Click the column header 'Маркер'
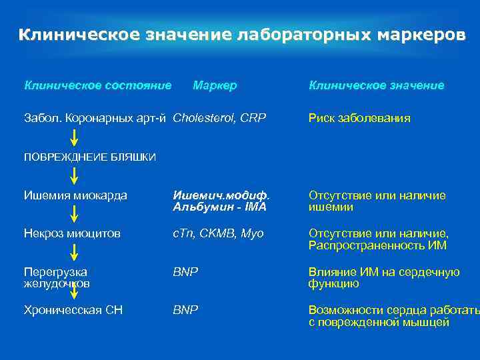coord(215,85)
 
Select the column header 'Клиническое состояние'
coord(98,85)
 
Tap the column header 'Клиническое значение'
coord(376,85)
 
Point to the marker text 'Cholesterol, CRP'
coord(219,118)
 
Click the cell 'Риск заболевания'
coord(359,118)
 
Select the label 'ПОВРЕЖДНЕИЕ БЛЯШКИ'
coord(90,157)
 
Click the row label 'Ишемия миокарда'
coord(75,195)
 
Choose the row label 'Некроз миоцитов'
coord(72,233)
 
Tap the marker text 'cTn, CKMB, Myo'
coord(218,233)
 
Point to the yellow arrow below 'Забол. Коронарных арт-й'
coord(74,137)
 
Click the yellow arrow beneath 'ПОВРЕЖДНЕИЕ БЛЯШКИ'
coord(74,176)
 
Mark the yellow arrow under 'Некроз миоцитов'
coord(74,252)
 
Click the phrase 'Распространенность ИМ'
coord(377,245)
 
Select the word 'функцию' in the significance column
coord(333,283)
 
